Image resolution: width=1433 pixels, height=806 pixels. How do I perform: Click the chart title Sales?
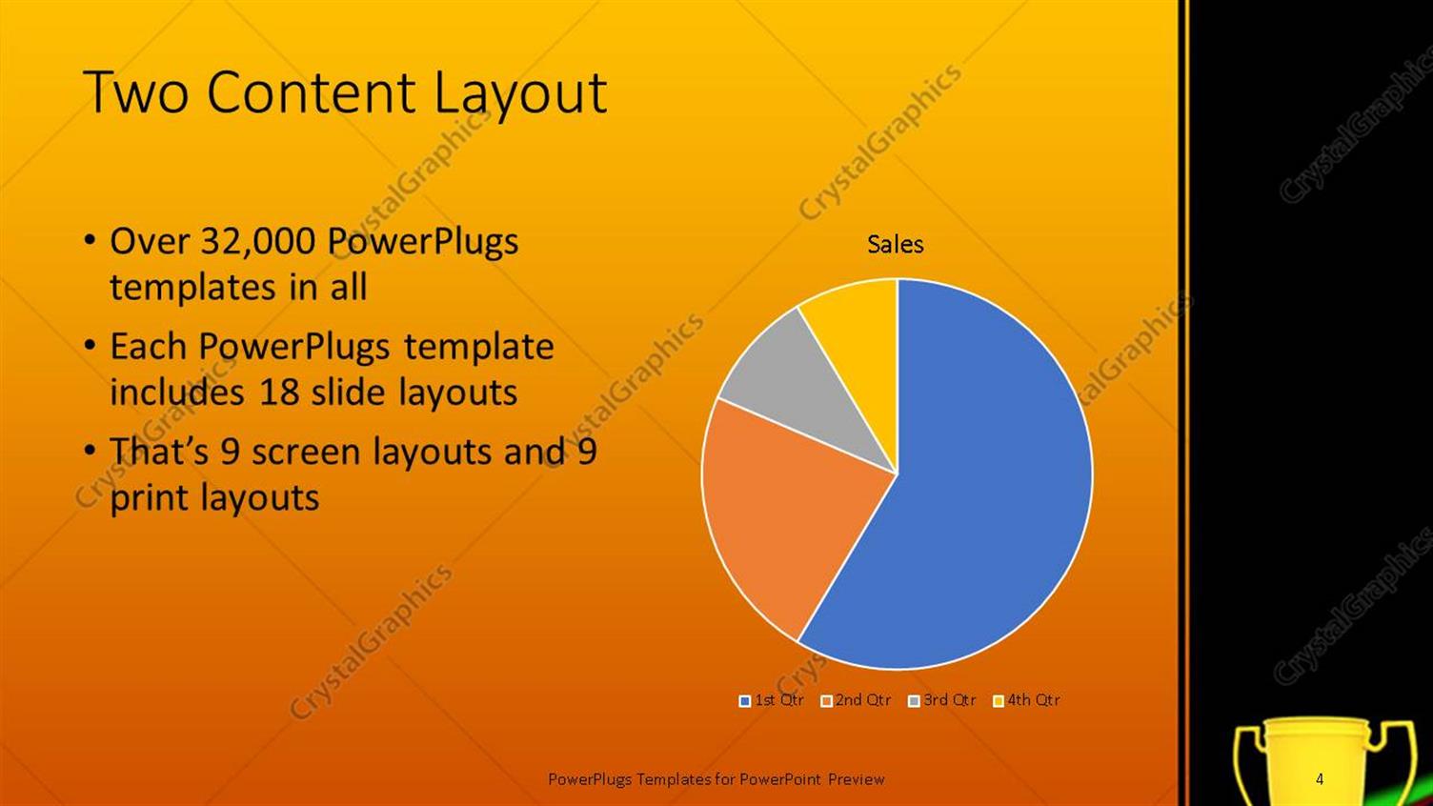click(x=895, y=245)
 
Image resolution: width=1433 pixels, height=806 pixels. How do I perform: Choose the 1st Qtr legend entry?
click(x=772, y=700)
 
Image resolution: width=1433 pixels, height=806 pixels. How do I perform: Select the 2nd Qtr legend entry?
click(x=856, y=700)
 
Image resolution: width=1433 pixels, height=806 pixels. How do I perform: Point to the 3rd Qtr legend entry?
click(x=942, y=700)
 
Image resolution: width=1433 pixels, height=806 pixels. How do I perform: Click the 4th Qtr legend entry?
click(x=1026, y=700)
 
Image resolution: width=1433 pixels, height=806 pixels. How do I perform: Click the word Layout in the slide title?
click(x=519, y=93)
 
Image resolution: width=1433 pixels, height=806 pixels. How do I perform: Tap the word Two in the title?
click(x=135, y=93)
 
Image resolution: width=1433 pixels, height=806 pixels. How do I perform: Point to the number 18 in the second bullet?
click(x=279, y=393)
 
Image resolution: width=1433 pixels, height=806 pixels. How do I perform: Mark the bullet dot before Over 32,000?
click(x=90, y=240)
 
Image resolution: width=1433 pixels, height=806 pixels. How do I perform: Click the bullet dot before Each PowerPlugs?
click(x=90, y=345)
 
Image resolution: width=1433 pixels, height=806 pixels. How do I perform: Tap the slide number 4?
click(x=1320, y=779)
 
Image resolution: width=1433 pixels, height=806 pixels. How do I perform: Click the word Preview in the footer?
click(x=856, y=779)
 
